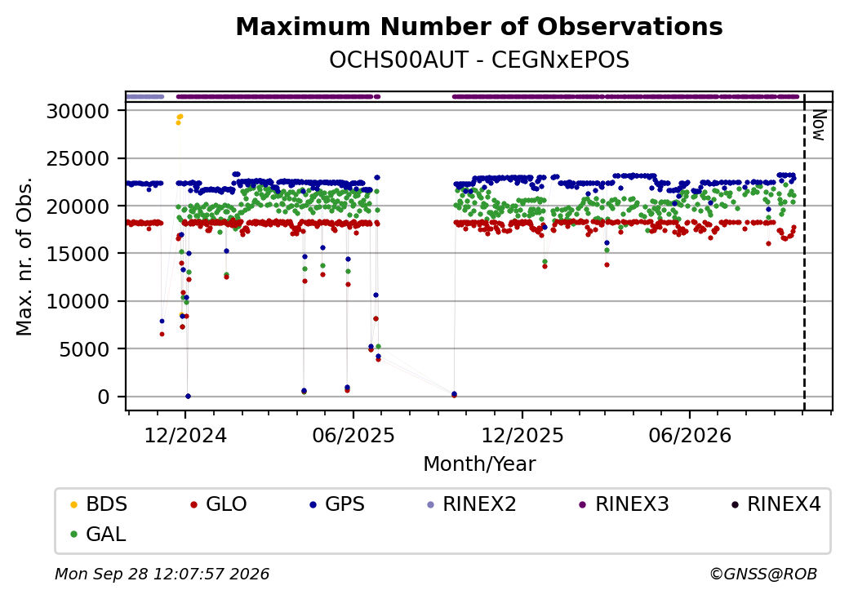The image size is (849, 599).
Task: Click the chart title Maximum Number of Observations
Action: [479, 26]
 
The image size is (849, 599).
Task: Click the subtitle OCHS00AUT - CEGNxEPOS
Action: [479, 60]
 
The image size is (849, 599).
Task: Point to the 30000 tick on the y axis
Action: [78, 111]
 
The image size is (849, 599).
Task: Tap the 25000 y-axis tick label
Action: [78, 158]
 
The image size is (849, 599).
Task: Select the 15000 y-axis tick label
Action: [78, 254]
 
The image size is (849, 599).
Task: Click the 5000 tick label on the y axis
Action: [84, 349]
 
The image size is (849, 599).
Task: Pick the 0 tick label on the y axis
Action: [104, 397]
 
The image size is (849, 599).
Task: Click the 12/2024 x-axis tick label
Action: [185, 435]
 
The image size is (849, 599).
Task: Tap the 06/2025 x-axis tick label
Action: [353, 435]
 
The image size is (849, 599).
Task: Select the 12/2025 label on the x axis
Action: [522, 435]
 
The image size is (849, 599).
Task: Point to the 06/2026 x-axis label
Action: [690, 435]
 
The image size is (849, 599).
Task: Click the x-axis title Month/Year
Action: [479, 464]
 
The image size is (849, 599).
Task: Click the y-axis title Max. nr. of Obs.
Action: [24, 256]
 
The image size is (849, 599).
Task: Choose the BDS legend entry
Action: [100, 504]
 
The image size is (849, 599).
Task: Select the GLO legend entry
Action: [220, 504]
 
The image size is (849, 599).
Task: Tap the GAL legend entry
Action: [99, 534]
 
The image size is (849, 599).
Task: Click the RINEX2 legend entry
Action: [472, 504]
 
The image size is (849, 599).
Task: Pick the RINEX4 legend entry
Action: [776, 504]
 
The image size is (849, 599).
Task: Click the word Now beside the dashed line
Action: [819, 125]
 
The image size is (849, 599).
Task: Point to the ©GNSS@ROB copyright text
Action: [763, 574]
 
